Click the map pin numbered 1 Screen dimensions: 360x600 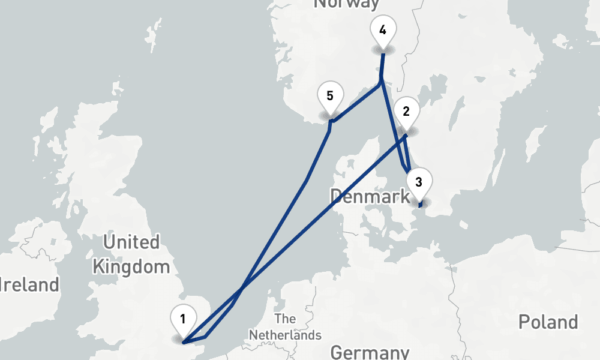[183, 322]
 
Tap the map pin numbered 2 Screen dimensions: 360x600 [406, 115]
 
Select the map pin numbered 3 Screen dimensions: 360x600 [419, 185]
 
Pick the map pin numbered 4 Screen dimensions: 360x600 [383, 32]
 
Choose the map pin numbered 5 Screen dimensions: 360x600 [330, 99]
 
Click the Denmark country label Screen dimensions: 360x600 [370, 196]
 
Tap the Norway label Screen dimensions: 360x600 [347, 4]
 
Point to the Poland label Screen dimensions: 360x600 [548, 322]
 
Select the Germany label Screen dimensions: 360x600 [370, 352]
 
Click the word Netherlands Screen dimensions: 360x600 [286, 335]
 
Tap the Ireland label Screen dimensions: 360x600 [30, 284]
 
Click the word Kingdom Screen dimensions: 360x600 [131, 266]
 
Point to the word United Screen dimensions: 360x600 [131, 242]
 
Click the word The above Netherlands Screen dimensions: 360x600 [285, 319]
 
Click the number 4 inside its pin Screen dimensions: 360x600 [383, 28]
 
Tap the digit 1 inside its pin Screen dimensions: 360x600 [183, 317]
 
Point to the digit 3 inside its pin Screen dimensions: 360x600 [419, 181]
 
